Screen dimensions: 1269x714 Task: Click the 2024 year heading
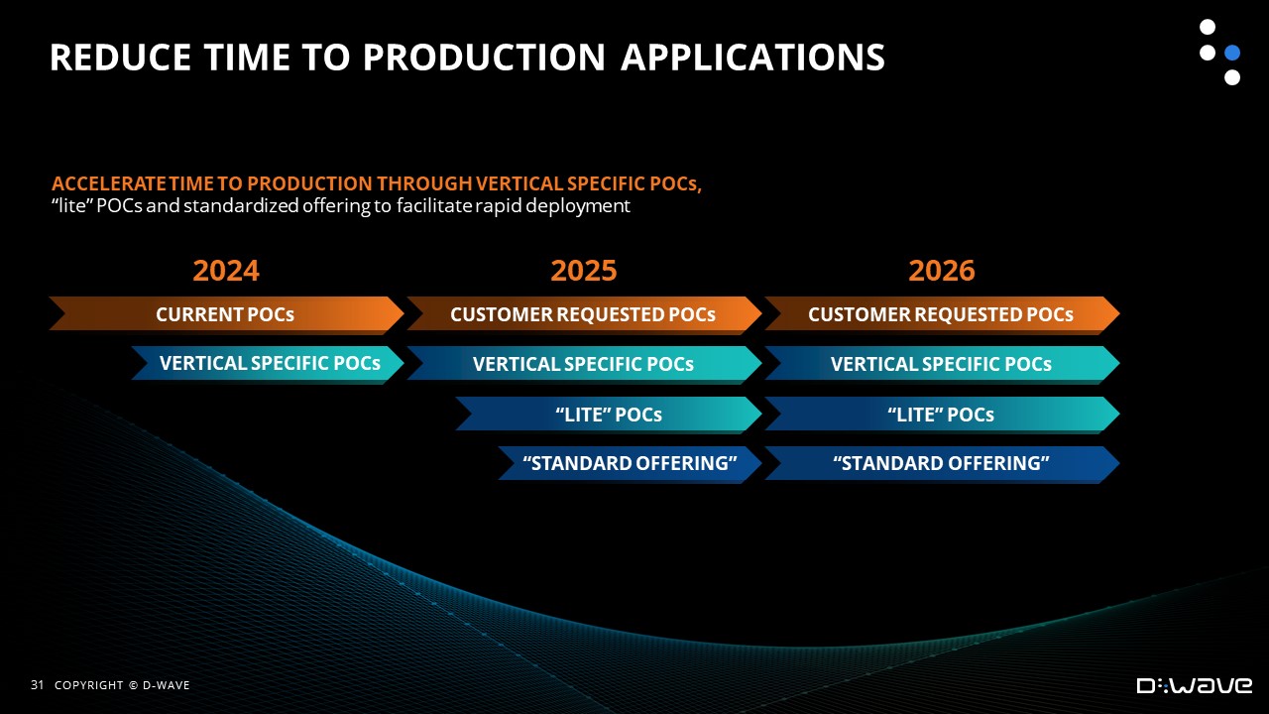(226, 271)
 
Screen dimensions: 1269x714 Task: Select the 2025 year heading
(584, 271)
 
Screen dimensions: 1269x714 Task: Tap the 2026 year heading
(942, 271)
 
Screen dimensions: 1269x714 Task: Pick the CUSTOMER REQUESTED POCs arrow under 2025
(584, 314)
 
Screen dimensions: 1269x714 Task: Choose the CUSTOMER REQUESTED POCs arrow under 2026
(942, 314)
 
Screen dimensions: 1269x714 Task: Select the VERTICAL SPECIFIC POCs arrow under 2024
(268, 364)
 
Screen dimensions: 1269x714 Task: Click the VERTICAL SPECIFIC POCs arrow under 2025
(584, 364)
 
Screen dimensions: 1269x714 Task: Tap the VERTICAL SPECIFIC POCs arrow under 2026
(942, 364)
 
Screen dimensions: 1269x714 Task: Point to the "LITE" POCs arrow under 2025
(609, 415)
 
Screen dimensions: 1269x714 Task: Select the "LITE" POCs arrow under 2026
(942, 415)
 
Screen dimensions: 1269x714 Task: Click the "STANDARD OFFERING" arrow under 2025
(630, 463)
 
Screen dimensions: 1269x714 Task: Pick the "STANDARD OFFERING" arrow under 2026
(942, 463)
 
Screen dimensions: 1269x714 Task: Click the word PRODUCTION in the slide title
(485, 58)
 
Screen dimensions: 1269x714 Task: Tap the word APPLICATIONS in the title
(752, 58)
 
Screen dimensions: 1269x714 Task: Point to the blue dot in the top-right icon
(1232, 53)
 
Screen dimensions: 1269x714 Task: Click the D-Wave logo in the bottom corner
(1195, 685)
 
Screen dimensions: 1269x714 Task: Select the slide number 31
(37, 685)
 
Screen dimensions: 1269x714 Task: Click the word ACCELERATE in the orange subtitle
(109, 183)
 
